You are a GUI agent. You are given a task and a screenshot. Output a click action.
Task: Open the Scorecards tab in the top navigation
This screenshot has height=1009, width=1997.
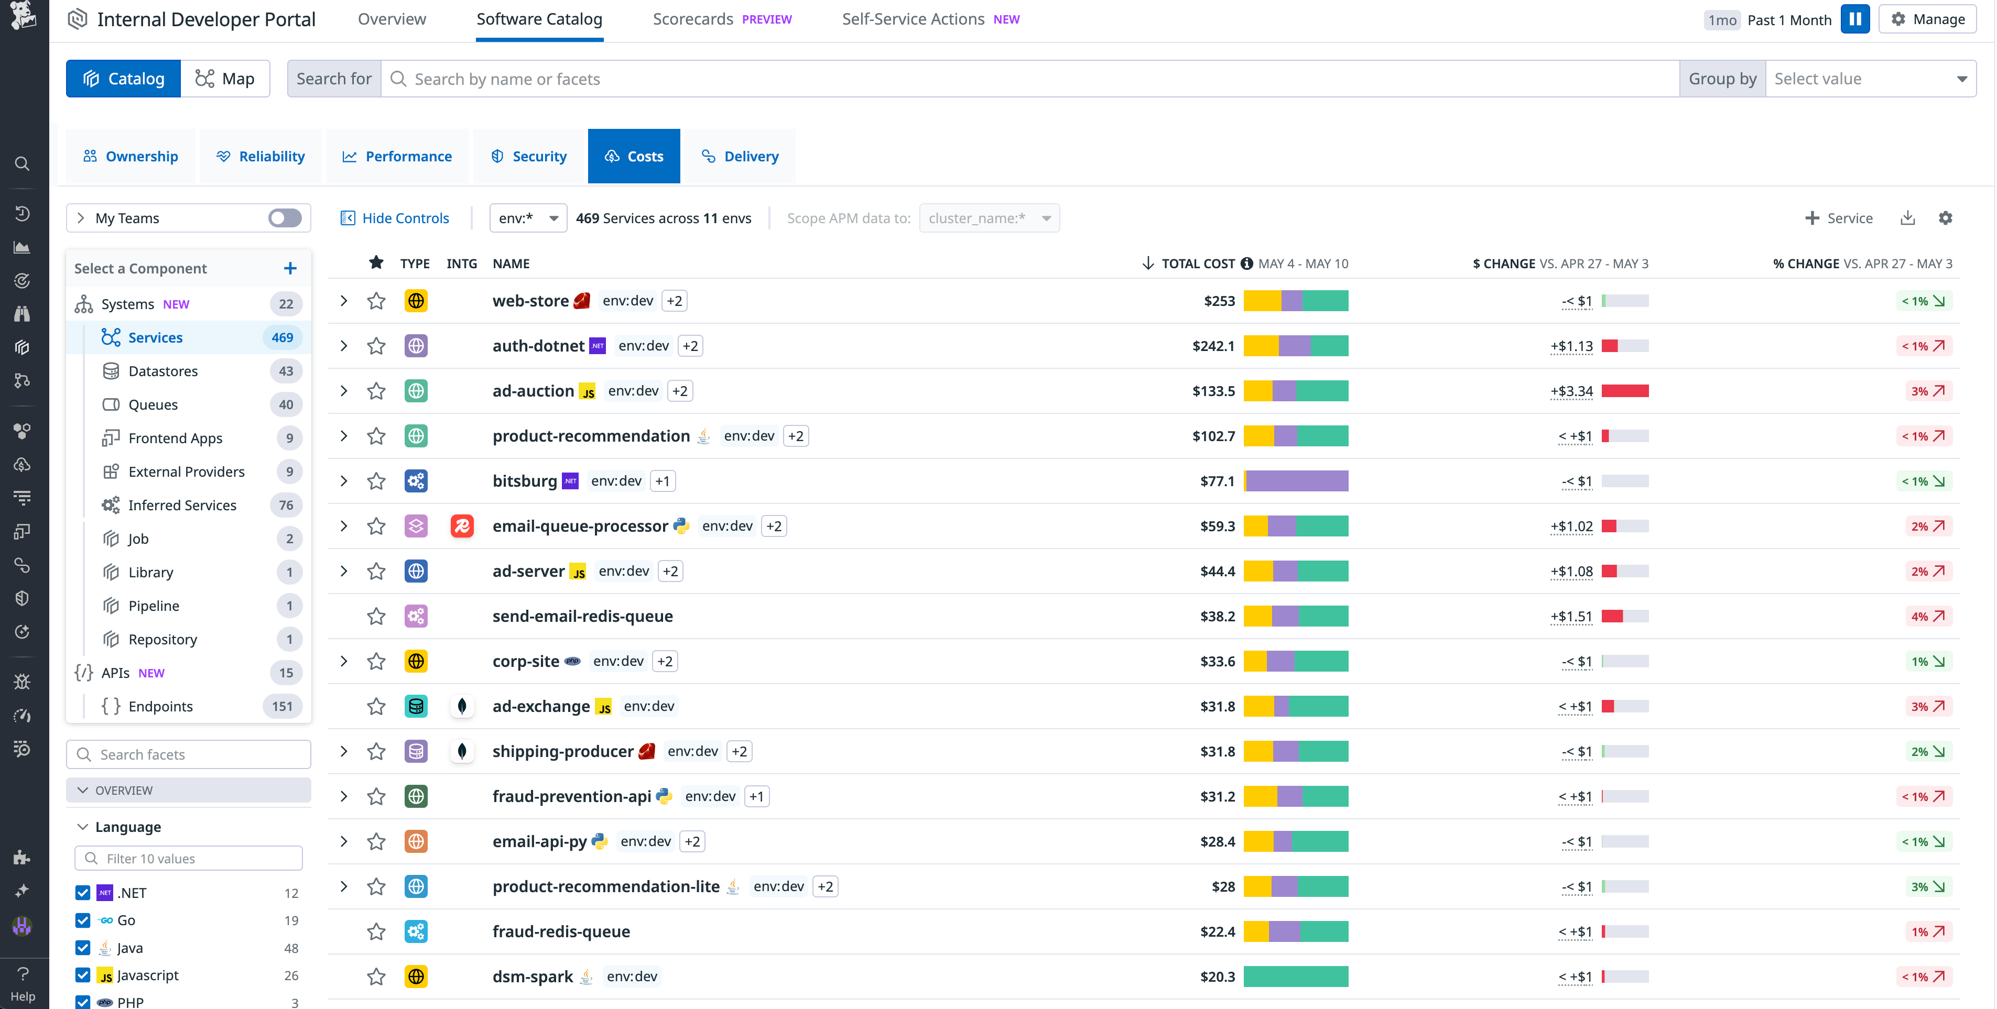[692, 19]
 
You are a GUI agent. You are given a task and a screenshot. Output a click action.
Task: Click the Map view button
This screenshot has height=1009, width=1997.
[225, 78]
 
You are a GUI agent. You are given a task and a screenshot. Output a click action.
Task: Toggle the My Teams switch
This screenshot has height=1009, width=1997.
[285, 218]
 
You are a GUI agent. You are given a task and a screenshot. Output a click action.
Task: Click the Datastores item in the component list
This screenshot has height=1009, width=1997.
[163, 371]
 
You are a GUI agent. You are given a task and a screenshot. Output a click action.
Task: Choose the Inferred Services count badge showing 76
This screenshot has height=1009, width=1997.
[285, 505]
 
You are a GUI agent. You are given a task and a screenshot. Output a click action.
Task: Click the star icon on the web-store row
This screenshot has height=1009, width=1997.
[376, 301]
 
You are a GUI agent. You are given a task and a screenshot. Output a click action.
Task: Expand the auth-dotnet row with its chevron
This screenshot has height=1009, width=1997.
[343, 346]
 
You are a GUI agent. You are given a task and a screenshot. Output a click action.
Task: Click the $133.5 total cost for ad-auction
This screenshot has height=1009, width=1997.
[1213, 391]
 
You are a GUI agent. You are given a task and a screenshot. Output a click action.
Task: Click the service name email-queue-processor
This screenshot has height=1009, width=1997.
[580, 526]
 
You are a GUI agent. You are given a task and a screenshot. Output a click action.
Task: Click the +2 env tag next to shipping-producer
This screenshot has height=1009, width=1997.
[739, 751]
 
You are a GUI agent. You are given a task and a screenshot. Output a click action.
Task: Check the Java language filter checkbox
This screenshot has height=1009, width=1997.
[83, 948]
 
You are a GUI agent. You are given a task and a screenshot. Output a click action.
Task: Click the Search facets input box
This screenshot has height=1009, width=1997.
[189, 754]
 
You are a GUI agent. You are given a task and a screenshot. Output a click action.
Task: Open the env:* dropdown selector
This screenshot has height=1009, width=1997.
[528, 218]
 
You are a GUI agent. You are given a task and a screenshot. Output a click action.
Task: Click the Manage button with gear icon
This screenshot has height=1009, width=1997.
[1927, 19]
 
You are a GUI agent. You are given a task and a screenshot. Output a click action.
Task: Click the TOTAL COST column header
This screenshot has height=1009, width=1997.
[1198, 264]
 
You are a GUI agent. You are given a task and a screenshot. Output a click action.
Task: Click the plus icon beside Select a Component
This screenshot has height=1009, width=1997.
[290, 268]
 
